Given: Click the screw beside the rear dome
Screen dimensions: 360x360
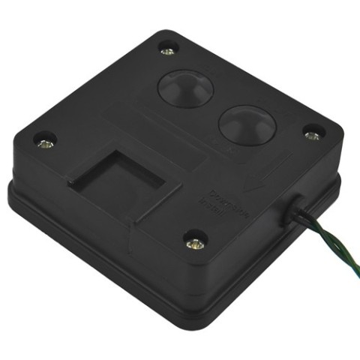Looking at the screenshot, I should [168, 51].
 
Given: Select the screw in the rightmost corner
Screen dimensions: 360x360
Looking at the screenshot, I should [311, 134].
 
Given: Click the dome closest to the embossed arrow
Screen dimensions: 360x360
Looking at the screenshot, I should [243, 122].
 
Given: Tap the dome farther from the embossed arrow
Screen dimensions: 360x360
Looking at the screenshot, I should [185, 88].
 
